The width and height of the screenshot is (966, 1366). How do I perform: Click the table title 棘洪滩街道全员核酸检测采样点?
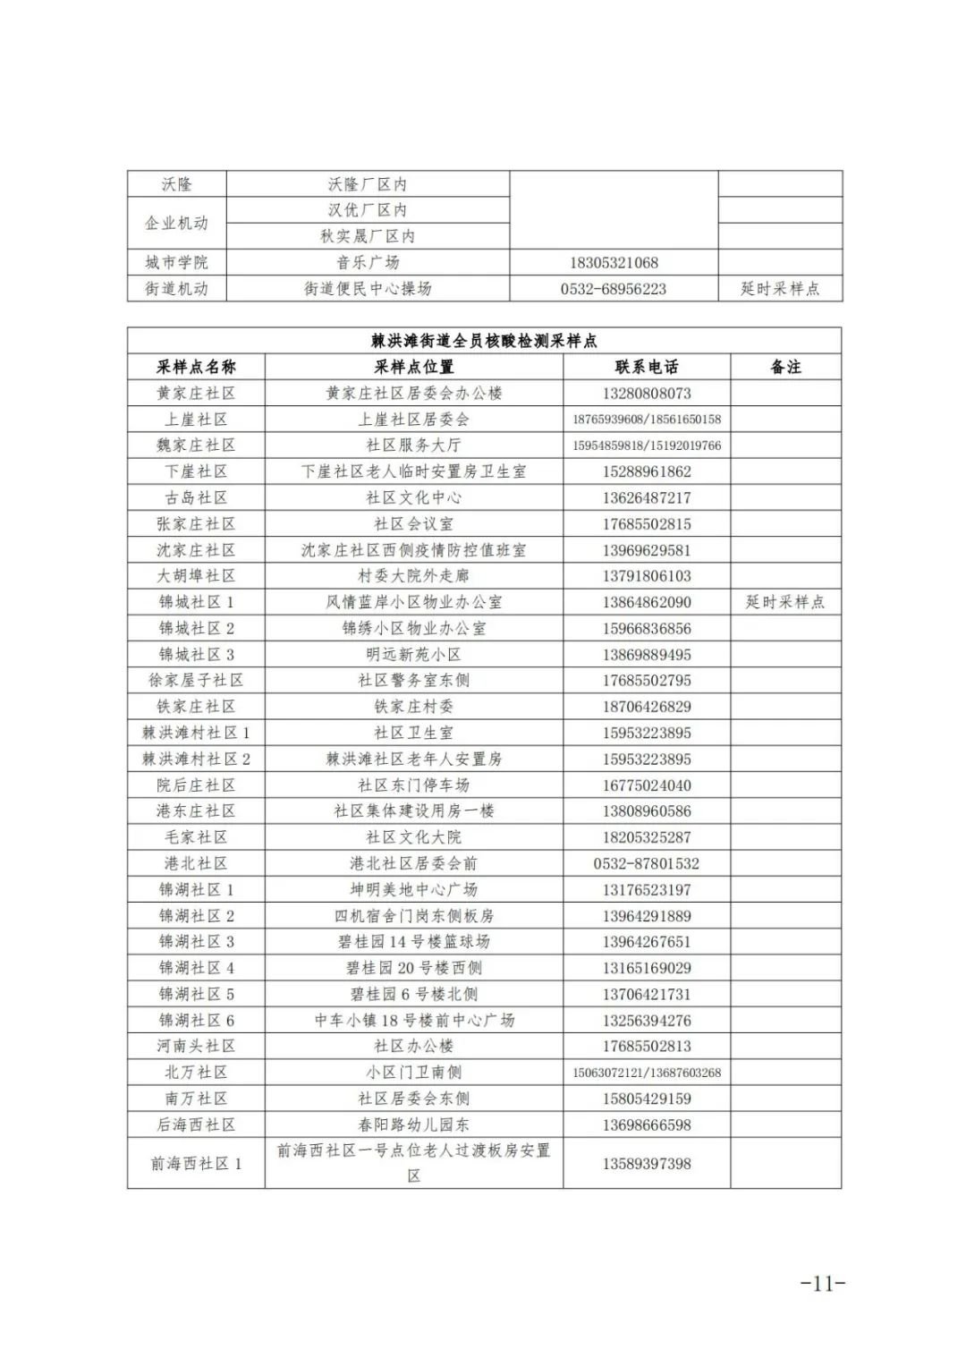pyautogui.click(x=484, y=341)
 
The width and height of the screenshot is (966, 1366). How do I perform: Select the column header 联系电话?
pyautogui.click(x=647, y=367)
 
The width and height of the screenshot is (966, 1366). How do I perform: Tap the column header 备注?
pyautogui.click(x=785, y=367)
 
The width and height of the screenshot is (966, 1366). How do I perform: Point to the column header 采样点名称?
pyautogui.click(x=196, y=367)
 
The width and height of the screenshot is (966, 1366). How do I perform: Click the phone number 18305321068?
pyautogui.click(x=614, y=263)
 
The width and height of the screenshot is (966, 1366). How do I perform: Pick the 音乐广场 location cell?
pyautogui.click(x=368, y=263)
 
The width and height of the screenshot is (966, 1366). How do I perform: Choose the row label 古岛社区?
pyautogui.click(x=196, y=497)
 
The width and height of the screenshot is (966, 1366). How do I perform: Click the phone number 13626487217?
pyautogui.click(x=647, y=498)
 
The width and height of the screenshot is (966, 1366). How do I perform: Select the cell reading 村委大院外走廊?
pyautogui.click(x=413, y=576)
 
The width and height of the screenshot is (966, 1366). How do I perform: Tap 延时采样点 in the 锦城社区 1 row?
pyautogui.click(x=785, y=602)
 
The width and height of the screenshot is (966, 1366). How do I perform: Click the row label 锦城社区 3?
pyautogui.click(x=196, y=654)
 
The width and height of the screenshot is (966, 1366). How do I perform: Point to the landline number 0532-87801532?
pyautogui.click(x=647, y=863)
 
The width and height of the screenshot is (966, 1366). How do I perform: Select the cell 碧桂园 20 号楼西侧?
pyautogui.click(x=413, y=968)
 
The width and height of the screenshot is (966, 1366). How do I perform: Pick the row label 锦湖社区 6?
pyautogui.click(x=196, y=1020)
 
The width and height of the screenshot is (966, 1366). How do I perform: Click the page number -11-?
pyautogui.click(x=822, y=1284)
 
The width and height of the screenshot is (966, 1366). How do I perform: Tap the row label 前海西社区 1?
pyautogui.click(x=196, y=1164)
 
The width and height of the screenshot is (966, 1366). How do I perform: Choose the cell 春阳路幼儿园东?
pyautogui.click(x=413, y=1124)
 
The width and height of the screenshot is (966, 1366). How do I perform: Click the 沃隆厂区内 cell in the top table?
pyautogui.click(x=368, y=184)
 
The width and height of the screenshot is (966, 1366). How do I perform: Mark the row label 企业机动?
pyautogui.click(x=176, y=223)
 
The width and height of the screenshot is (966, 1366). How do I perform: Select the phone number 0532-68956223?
pyautogui.click(x=614, y=289)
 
